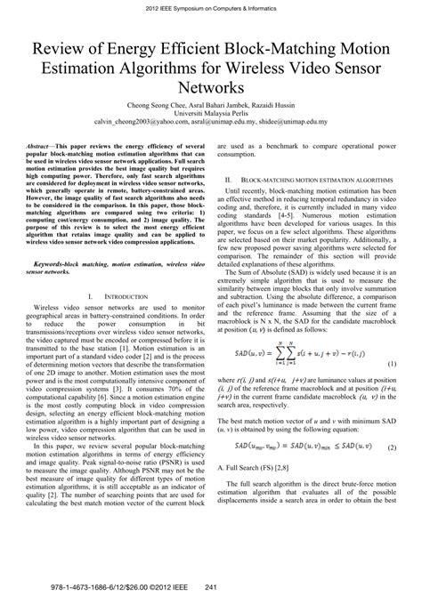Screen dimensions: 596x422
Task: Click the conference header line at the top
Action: [211, 8]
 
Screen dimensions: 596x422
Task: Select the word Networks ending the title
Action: [211, 89]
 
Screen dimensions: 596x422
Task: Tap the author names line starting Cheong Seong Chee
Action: [211, 107]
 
